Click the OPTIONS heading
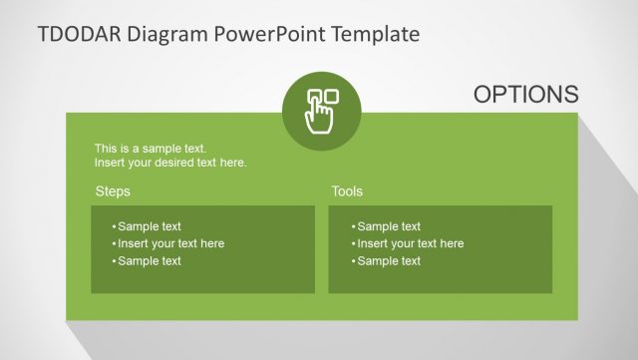point(525,94)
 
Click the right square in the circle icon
point(332,97)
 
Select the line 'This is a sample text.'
point(151,149)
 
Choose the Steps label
point(113,191)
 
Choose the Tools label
point(347,191)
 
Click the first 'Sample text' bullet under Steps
point(150,226)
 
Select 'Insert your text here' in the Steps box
point(170,243)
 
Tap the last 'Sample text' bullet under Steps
point(150,261)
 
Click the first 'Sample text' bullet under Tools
point(389,226)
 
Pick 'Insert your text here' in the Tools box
point(410,243)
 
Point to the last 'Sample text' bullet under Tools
point(389,261)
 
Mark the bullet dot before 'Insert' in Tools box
point(353,244)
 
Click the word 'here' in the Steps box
point(211,243)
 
